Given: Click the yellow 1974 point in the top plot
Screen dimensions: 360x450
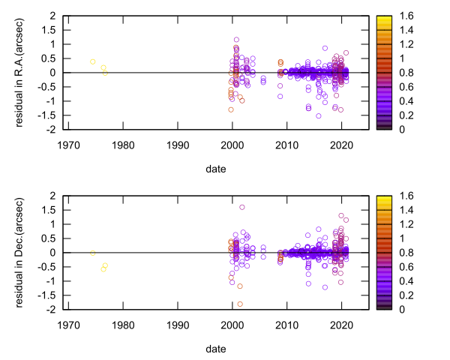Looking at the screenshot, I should [x=93, y=61].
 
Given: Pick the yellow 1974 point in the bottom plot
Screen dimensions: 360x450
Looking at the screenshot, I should [x=93, y=253].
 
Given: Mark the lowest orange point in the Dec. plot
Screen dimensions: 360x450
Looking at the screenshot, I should [x=240, y=304].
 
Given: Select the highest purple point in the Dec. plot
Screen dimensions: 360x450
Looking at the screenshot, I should [x=241, y=207].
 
